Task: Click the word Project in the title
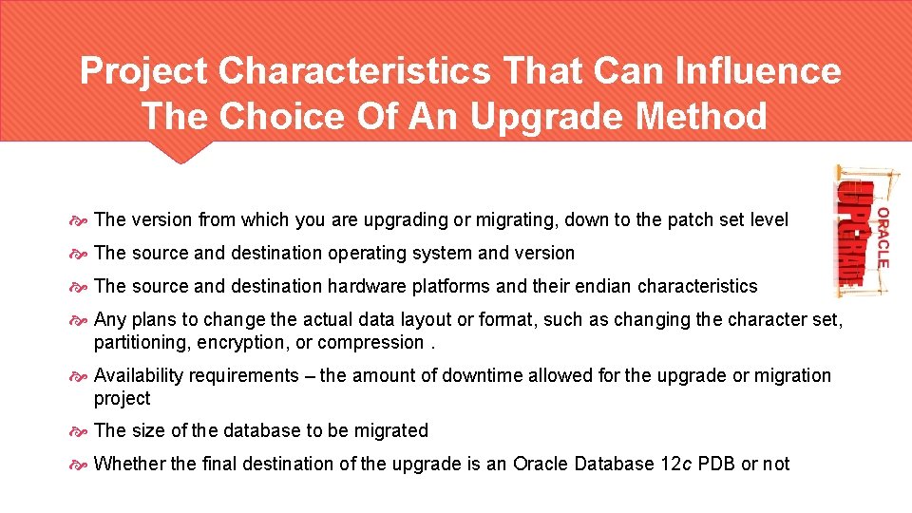click(x=142, y=71)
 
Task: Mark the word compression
click(x=370, y=342)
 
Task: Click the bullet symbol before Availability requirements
click(x=80, y=376)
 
